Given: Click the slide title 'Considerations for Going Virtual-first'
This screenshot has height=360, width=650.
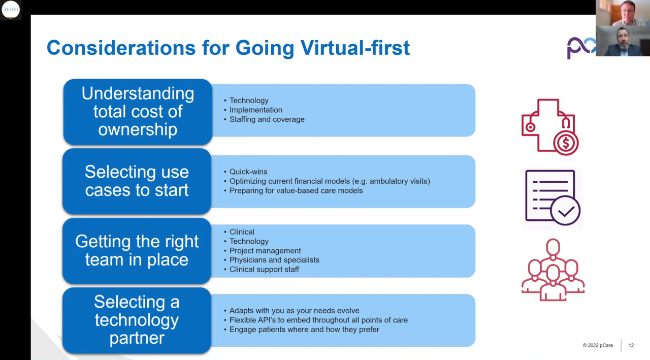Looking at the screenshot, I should click(228, 48).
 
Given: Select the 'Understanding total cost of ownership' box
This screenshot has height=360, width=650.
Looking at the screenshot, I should click(138, 112).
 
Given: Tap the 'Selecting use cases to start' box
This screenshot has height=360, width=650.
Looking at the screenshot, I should click(137, 181).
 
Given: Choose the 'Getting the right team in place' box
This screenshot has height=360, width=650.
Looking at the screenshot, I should click(137, 250).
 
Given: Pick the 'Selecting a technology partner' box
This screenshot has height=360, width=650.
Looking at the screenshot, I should click(137, 320).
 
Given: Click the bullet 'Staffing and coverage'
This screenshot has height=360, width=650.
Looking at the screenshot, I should click(267, 119).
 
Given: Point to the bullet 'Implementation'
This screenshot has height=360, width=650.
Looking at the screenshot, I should click(255, 110).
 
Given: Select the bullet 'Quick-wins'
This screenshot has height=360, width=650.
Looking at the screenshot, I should click(248, 172).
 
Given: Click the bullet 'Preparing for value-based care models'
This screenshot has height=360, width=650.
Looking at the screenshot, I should click(296, 190).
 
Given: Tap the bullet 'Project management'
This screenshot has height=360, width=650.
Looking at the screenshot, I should click(265, 250).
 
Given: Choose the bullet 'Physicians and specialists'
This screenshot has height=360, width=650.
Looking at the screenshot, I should click(274, 260).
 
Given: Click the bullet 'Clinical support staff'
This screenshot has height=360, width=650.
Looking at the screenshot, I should click(264, 269).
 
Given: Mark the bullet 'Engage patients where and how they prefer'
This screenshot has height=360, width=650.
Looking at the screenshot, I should click(304, 330).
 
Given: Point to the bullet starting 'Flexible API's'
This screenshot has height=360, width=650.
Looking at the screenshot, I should click(318, 320).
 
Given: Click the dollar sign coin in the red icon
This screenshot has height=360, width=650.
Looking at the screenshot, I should click(565, 144).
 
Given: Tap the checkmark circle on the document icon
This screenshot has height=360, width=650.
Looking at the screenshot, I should click(565, 211).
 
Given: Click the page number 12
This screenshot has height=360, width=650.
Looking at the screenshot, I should click(631, 345).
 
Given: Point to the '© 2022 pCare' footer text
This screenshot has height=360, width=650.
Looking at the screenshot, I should click(598, 345).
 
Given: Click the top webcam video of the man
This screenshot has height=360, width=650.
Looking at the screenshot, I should click(623, 13).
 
